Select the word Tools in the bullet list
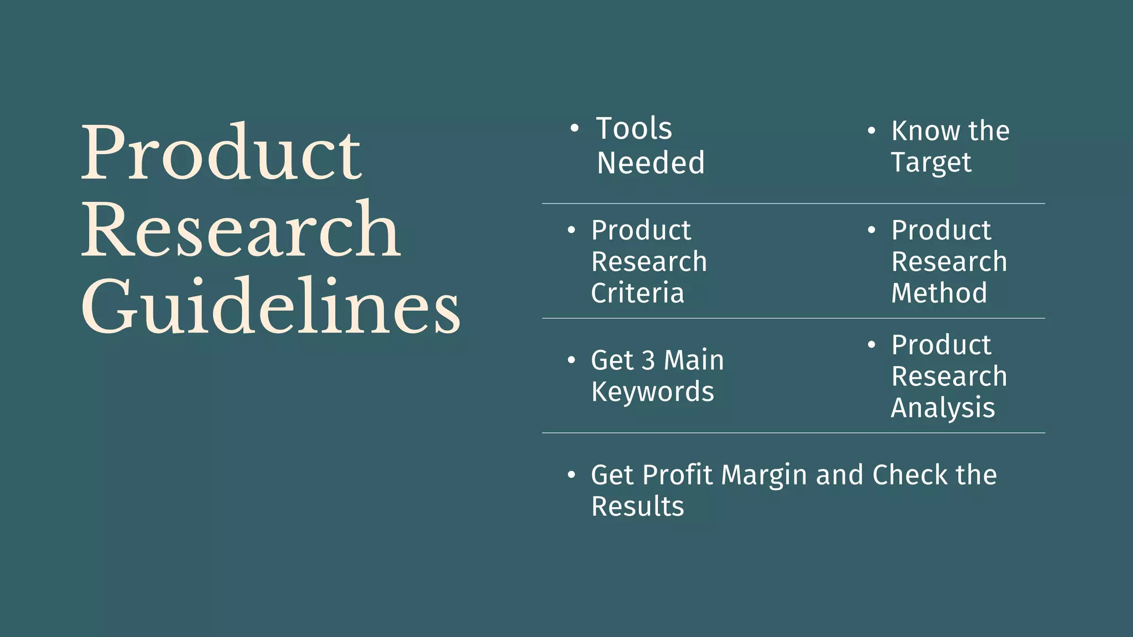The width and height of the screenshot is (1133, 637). [634, 128]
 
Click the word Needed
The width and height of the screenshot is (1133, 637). [651, 163]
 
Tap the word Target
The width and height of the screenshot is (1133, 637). [931, 163]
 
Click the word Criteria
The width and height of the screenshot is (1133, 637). [637, 293]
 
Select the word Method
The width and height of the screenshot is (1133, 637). [939, 293]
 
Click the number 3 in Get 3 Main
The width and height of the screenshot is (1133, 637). [648, 361]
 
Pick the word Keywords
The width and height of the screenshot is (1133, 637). [653, 392]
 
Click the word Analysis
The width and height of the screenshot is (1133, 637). [943, 408]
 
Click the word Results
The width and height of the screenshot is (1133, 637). [637, 507]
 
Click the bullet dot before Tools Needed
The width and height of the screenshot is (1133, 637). [574, 129]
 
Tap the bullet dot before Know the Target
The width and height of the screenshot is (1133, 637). [871, 131]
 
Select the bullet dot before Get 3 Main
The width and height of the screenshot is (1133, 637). [571, 361]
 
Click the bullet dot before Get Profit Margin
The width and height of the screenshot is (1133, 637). [571, 475]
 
